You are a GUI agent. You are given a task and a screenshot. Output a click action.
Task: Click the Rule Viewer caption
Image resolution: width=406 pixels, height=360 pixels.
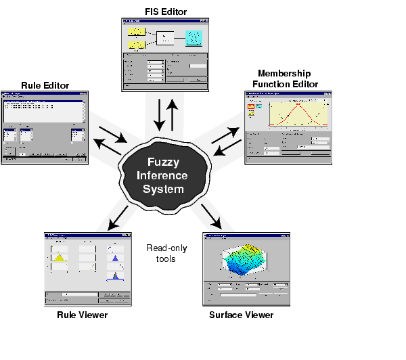pos(82,315)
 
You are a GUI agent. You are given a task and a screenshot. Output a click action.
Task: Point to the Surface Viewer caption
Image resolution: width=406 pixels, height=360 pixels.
pos(242,315)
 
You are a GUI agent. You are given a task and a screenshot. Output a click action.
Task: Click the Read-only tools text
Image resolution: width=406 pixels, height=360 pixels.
pos(166,252)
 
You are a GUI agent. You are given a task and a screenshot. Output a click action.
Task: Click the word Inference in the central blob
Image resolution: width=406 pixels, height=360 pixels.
pos(167,176)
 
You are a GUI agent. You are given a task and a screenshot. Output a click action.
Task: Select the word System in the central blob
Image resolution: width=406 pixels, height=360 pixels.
pos(167,189)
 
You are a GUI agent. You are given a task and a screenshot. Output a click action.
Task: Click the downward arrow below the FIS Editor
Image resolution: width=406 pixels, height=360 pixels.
pos(160,115)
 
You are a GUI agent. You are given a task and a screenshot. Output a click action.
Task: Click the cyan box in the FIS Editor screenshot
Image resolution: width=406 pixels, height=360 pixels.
pos(194,38)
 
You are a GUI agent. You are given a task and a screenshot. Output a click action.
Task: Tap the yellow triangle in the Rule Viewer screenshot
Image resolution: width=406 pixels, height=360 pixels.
pos(59,258)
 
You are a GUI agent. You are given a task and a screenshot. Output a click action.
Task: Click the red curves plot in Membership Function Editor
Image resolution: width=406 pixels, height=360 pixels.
pos(298,112)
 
